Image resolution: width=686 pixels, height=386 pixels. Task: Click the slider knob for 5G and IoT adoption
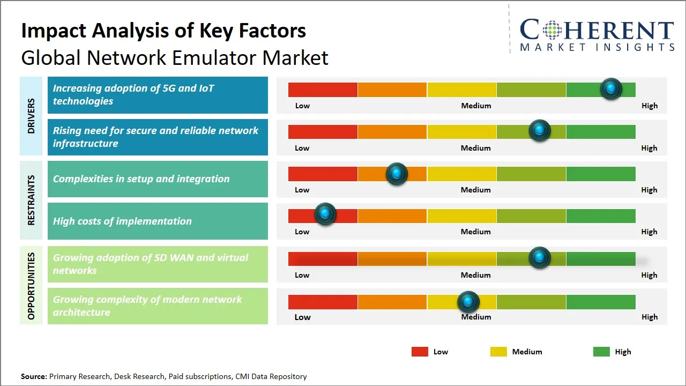pyautogui.click(x=610, y=89)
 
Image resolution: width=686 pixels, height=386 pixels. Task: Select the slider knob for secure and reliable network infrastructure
pyautogui.click(x=540, y=131)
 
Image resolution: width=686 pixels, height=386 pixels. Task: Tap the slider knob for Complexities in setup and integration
pyautogui.click(x=397, y=174)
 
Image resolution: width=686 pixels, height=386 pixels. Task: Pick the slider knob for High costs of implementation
pyautogui.click(x=325, y=214)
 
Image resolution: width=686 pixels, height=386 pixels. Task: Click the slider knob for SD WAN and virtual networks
pyautogui.click(x=540, y=258)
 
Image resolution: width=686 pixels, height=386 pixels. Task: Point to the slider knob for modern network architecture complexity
pyautogui.click(x=468, y=302)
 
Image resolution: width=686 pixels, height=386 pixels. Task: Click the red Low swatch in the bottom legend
pyautogui.click(x=420, y=352)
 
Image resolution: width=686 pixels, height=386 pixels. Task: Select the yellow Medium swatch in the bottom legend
pyautogui.click(x=498, y=352)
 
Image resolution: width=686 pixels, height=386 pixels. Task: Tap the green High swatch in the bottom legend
pyautogui.click(x=601, y=352)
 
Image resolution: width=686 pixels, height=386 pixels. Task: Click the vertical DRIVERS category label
pyautogui.click(x=31, y=116)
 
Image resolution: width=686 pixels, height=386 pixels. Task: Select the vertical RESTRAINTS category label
pyautogui.click(x=31, y=200)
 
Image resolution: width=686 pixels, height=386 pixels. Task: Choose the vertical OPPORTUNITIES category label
pyautogui.click(x=31, y=286)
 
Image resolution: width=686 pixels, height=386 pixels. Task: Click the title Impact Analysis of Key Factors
pyautogui.click(x=163, y=31)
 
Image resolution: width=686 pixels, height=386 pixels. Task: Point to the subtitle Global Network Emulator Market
pyautogui.click(x=175, y=57)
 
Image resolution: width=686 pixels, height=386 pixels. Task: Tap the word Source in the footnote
pyautogui.click(x=34, y=376)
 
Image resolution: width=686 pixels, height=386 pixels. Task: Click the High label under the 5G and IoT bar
pyautogui.click(x=649, y=106)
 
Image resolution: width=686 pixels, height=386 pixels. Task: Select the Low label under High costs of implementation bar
pyautogui.click(x=302, y=232)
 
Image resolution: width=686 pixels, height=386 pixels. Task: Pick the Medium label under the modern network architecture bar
pyautogui.click(x=476, y=317)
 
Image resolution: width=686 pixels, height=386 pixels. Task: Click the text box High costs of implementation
pyautogui.click(x=158, y=221)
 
